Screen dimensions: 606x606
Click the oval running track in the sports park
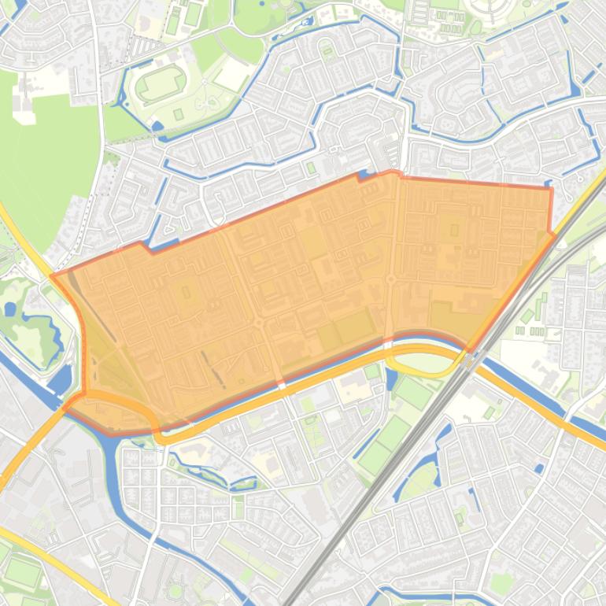[x=162, y=84]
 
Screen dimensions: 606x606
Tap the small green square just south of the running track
[x=179, y=115]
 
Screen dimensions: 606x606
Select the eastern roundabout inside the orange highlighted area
[x=390, y=279]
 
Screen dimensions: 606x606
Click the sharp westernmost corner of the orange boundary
[x=52, y=275]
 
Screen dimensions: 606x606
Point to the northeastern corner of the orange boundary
[x=550, y=189]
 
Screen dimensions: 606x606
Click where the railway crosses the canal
[x=471, y=358]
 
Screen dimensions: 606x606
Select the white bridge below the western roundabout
[x=282, y=385]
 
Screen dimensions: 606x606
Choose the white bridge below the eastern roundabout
[x=388, y=340]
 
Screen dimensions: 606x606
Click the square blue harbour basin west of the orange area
[x=59, y=381]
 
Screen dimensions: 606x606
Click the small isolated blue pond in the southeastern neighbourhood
[x=539, y=468]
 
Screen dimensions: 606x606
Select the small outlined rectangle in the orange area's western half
[x=186, y=292]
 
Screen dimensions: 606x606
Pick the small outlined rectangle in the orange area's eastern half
[x=454, y=230]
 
